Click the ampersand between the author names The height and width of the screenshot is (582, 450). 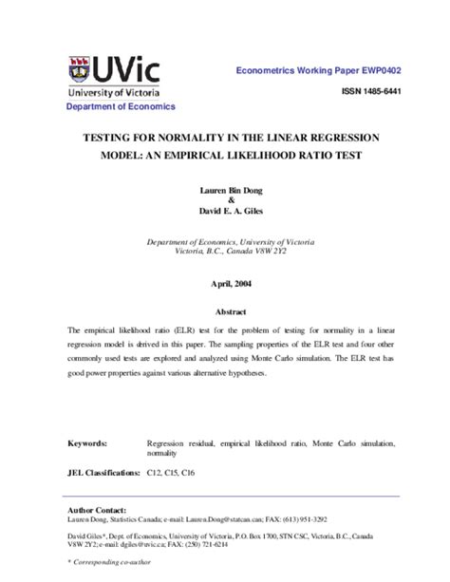click(x=225, y=200)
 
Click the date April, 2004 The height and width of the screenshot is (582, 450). click(x=225, y=284)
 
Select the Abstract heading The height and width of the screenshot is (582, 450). click(x=225, y=311)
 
